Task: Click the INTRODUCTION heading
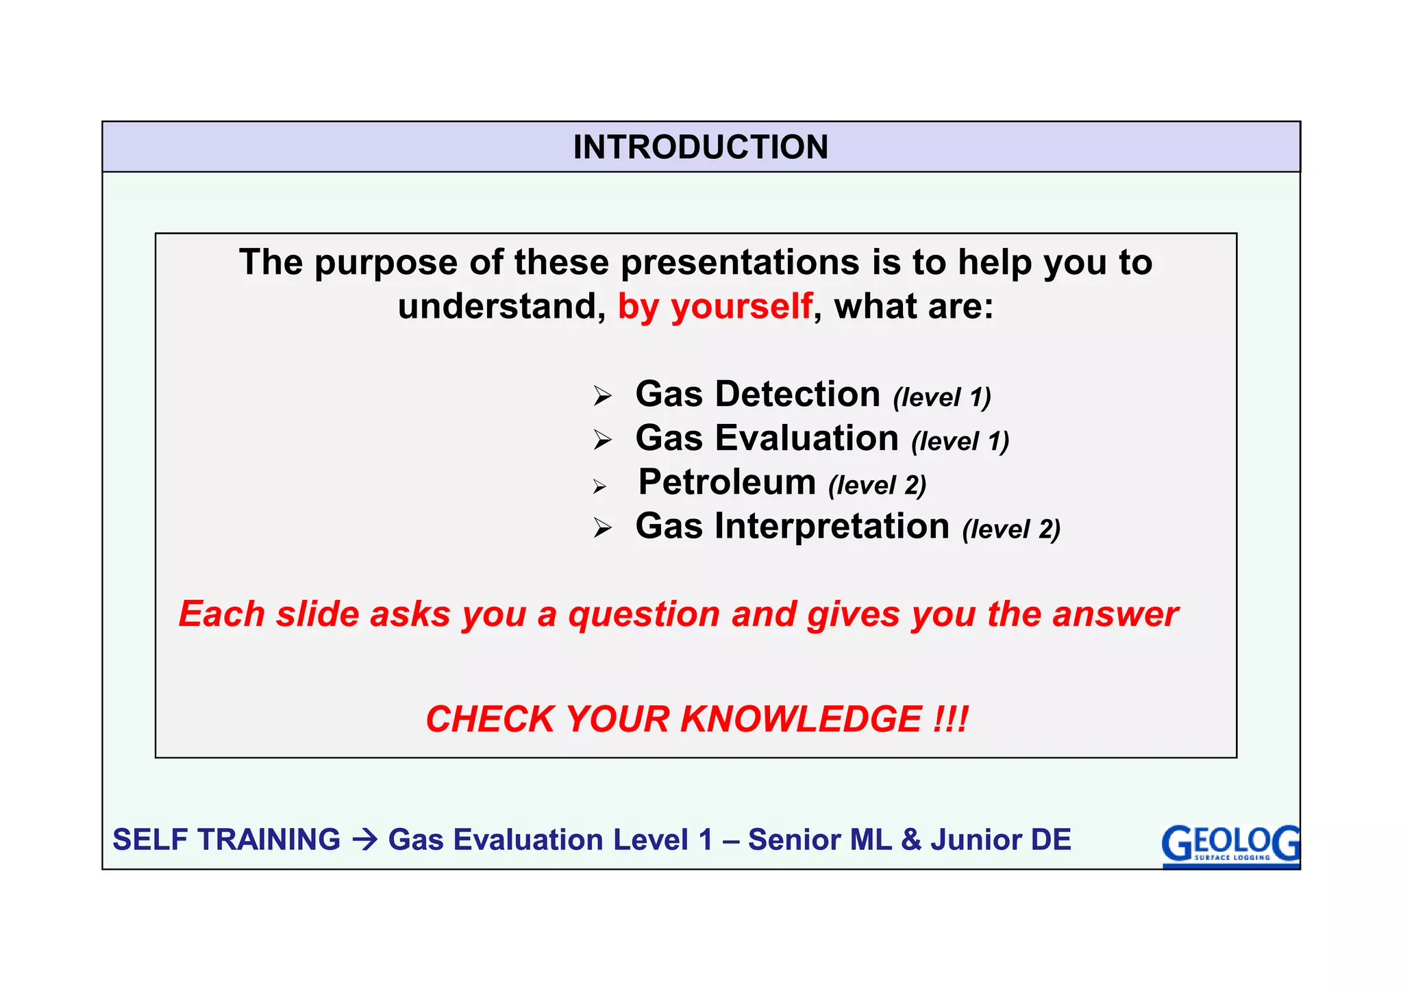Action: pos(700,147)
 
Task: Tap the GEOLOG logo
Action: pos(1230,844)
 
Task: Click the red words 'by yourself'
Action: pos(715,306)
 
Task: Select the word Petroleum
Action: pos(727,482)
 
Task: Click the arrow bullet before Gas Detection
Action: pos(602,396)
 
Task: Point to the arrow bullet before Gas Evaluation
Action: pos(602,440)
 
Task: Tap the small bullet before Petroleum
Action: pos(599,487)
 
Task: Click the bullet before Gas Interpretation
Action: pos(602,528)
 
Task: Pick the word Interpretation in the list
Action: pos(832,527)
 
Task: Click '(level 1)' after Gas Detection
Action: pos(942,397)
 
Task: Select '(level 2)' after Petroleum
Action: pos(877,486)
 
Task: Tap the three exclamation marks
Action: pos(950,719)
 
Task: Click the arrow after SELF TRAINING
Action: pos(364,840)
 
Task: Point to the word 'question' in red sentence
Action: pos(643,614)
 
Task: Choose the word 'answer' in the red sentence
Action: pos(1115,614)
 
